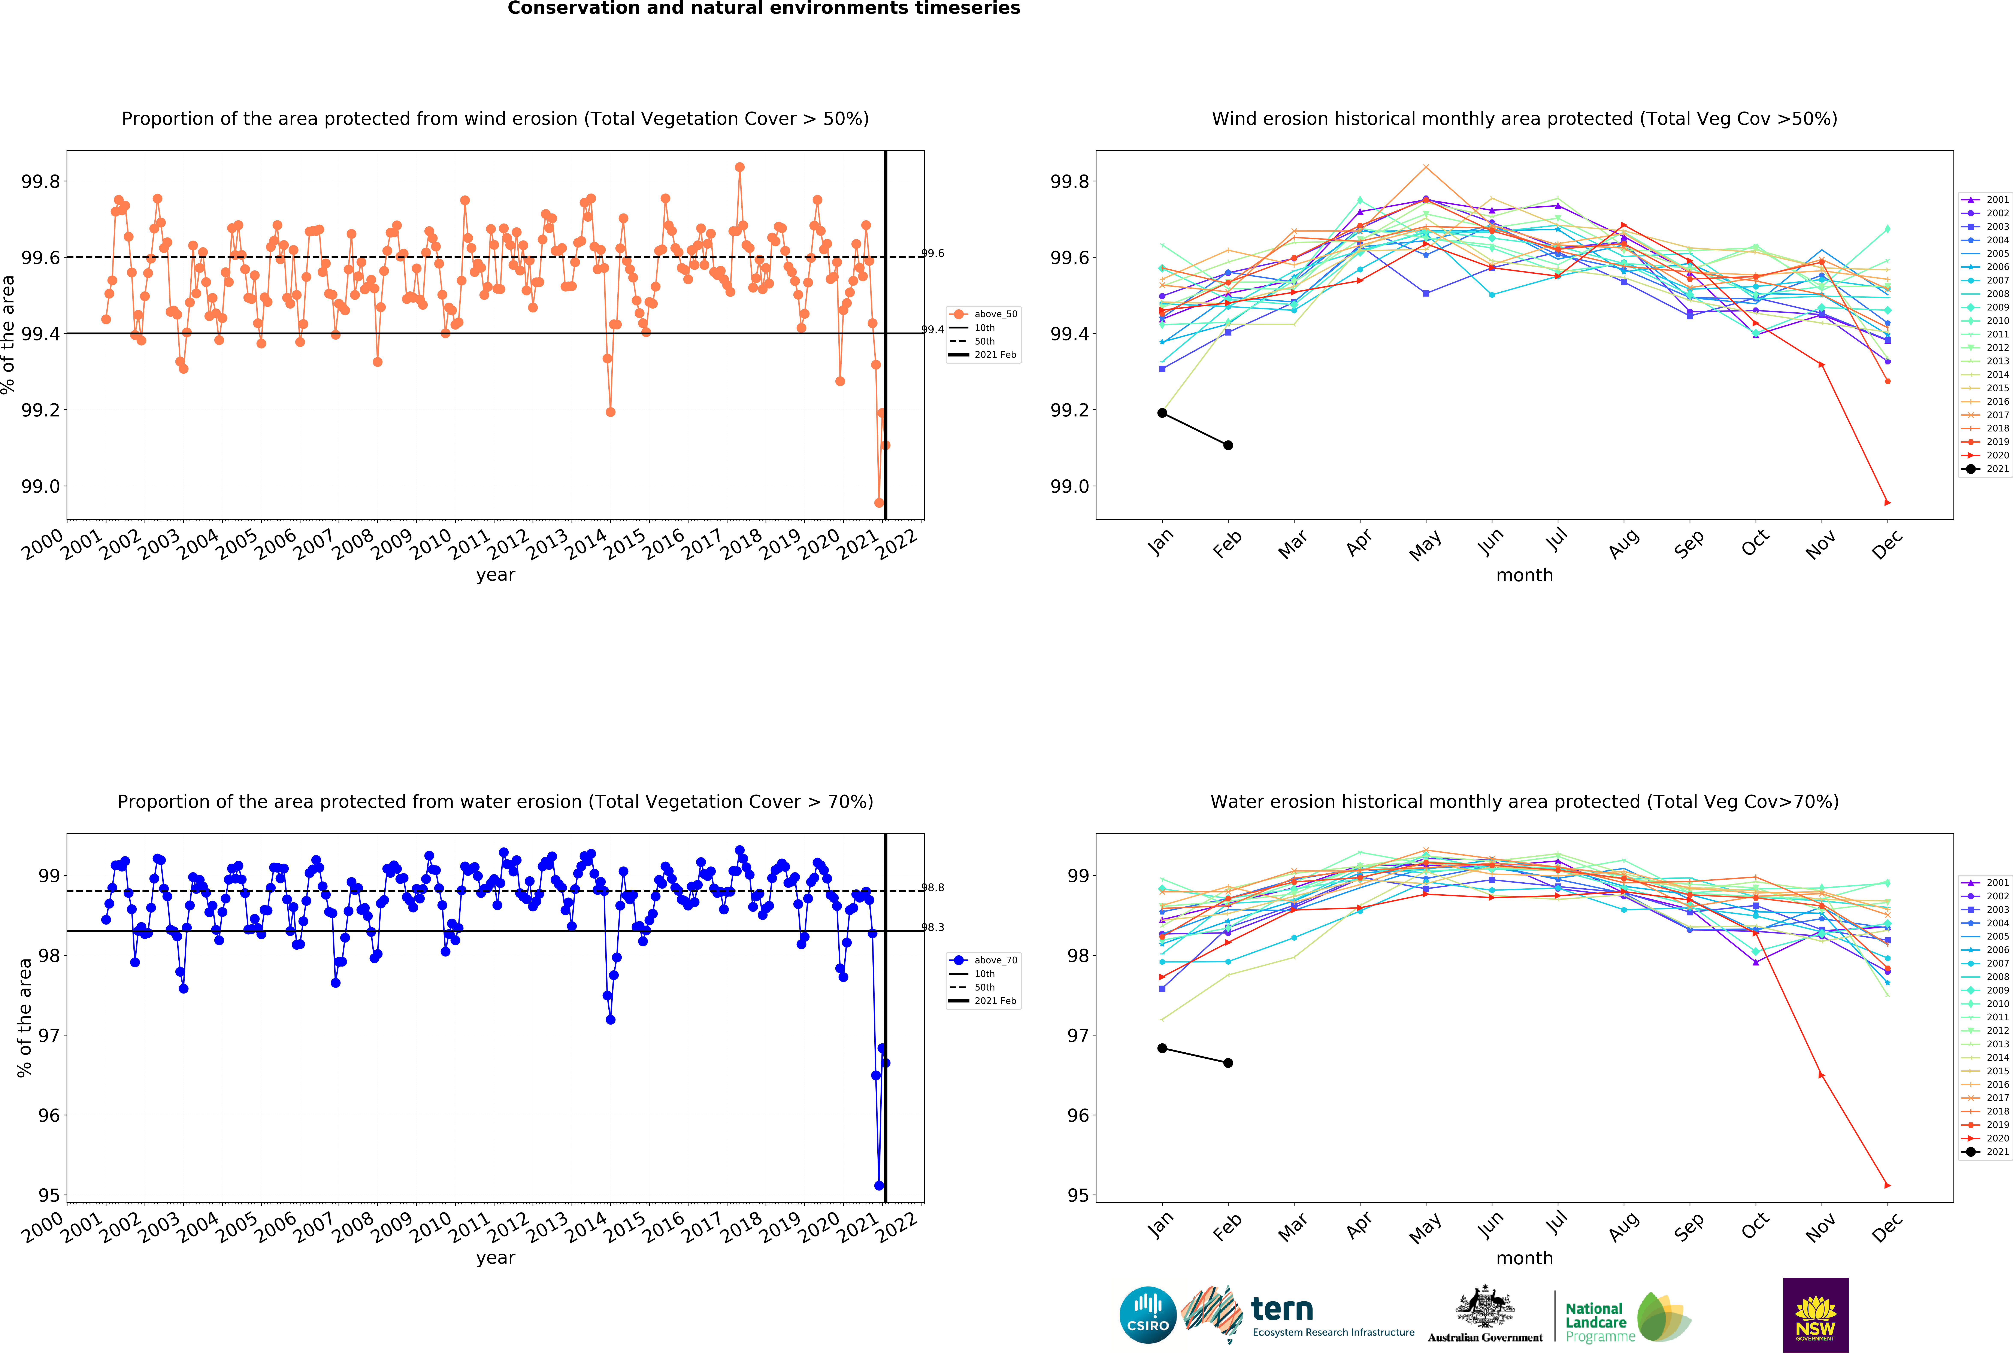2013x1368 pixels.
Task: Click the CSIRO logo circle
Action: pos(1148,1314)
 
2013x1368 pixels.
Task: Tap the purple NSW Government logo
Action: pos(1816,1314)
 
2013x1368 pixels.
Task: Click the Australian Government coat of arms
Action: pos(1485,1307)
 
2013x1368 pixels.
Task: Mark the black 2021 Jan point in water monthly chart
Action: pos(1162,1049)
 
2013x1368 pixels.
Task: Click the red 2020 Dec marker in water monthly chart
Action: pos(1888,1185)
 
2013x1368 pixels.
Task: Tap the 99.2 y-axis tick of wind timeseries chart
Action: pos(41,410)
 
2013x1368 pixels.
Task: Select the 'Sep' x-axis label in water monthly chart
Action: pos(1689,1228)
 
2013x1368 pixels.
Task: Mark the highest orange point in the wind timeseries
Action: pos(739,167)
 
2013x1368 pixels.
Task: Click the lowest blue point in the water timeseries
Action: pos(879,1185)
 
